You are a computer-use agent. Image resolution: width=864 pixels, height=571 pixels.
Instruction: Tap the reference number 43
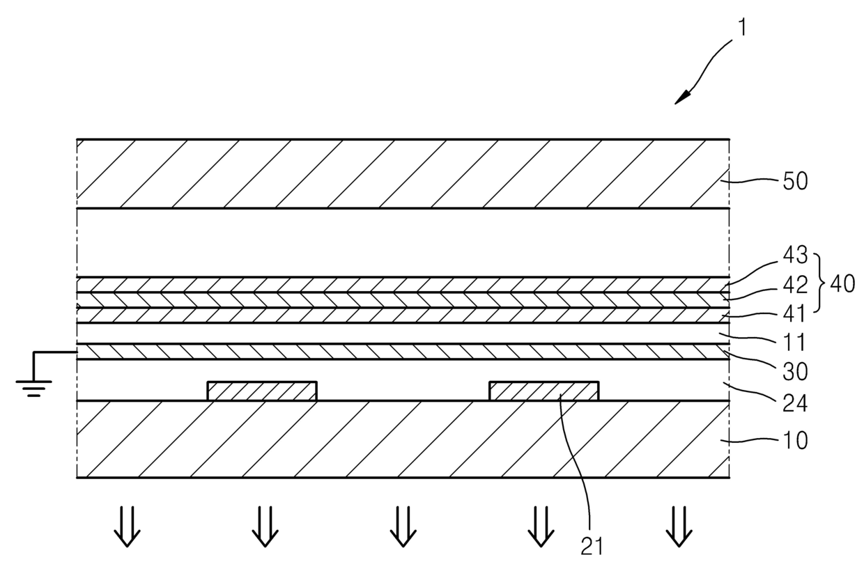point(795,256)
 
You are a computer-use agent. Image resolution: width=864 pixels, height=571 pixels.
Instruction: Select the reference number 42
point(795,285)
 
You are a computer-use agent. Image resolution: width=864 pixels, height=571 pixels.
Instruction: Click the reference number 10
point(795,440)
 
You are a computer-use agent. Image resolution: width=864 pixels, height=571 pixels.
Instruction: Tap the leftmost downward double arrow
point(127,526)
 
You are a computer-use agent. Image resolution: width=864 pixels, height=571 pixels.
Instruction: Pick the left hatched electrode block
point(262,391)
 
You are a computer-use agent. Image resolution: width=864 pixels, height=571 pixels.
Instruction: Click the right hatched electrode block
point(543,391)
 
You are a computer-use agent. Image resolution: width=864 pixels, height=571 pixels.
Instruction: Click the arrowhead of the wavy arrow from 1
point(681,100)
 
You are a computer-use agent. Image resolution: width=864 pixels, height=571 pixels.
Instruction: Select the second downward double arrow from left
point(264,526)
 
